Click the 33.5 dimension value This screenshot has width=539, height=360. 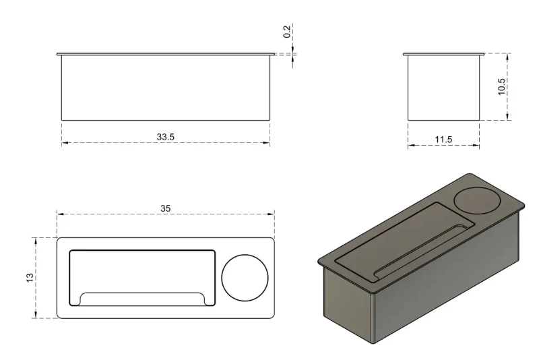166,137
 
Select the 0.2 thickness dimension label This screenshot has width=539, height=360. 287,31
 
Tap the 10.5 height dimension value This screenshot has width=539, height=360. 501,87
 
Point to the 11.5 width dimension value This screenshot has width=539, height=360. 443,140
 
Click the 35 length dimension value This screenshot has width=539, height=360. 165,208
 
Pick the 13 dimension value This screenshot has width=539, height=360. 30,278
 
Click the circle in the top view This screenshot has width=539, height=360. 245,278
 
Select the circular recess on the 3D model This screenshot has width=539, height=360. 478,200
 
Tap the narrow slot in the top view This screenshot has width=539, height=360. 142,299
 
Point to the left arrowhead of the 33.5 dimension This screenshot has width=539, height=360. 65,142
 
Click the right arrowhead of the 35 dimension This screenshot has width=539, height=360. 272,214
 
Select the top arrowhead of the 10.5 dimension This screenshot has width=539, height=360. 507,57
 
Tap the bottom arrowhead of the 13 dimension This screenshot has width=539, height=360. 36,316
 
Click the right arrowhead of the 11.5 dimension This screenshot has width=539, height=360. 476,145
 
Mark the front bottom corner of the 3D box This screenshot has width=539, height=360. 373,343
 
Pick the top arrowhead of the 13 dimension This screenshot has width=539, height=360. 36,241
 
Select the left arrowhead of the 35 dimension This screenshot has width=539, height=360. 60,214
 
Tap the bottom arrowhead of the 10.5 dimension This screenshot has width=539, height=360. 507,117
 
